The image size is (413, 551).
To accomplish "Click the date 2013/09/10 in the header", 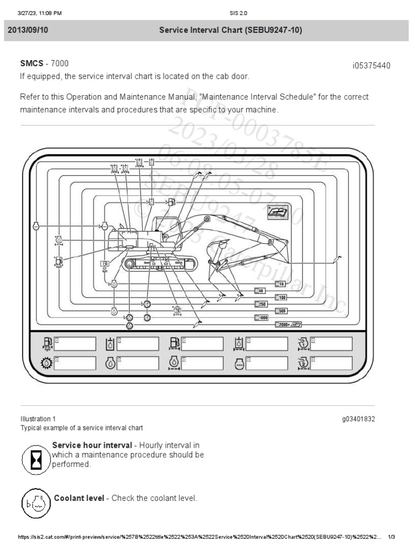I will click(x=27, y=31).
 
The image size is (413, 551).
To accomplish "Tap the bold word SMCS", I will click(x=31, y=63).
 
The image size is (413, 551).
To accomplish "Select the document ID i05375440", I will click(x=371, y=66).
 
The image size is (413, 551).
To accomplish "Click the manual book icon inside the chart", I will click(x=277, y=212).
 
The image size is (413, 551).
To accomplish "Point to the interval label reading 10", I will click(x=280, y=284).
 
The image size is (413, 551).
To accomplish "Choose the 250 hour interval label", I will click(x=261, y=304).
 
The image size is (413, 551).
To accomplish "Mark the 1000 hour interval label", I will click(x=261, y=318).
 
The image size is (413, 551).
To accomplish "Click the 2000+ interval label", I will click(x=288, y=324).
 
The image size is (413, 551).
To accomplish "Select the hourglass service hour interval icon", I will click(x=36, y=460).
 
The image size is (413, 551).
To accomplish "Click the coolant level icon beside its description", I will click(x=36, y=504).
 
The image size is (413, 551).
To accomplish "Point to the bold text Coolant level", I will click(x=79, y=498).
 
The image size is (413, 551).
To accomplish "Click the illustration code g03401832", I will click(x=358, y=419).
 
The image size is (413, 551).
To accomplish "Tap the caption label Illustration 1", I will click(x=38, y=419).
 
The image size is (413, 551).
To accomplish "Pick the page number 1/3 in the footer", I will click(x=391, y=537).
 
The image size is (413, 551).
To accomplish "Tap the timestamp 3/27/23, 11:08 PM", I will click(x=40, y=13).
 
